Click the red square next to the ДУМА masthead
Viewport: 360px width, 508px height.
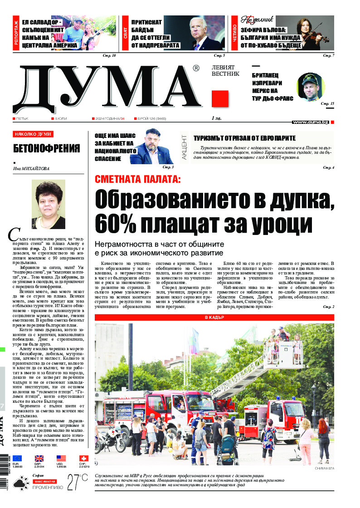point(220,99)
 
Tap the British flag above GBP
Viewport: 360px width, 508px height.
point(39,459)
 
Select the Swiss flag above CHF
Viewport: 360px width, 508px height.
point(83,459)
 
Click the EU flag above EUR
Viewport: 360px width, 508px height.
point(17,459)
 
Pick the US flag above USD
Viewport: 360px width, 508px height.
point(61,459)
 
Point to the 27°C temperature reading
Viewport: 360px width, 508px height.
point(78,482)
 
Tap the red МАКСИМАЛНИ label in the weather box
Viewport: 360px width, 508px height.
point(44,480)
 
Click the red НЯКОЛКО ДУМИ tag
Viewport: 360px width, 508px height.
point(33,134)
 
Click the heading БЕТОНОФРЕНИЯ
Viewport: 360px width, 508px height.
point(47,148)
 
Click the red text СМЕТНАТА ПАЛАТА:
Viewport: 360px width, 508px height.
point(137,179)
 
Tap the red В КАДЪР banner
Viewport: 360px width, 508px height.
point(214,317)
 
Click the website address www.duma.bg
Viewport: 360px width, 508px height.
point(310,122)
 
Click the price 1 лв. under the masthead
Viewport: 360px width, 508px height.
point(216,118)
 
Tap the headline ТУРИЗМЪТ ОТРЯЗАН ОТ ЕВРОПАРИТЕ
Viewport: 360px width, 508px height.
point(244,138)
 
